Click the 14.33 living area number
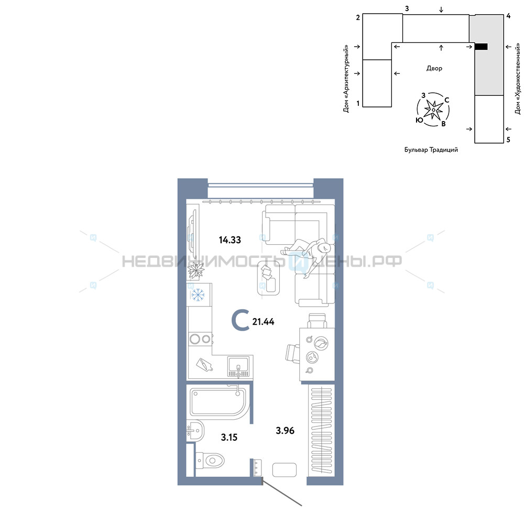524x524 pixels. (230, 239)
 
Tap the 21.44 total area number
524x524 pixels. (264, 322)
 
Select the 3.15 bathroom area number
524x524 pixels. (230, 437)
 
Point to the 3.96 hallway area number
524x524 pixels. (285, 430)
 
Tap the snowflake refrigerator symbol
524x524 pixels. (198, 295)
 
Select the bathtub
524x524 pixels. (220, 402)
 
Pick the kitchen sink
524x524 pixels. (238, 366)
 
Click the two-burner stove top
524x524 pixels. (200, 339)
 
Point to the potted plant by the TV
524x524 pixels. (196, 270)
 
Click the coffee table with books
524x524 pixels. (268, 278)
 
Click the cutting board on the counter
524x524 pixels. (204, 364)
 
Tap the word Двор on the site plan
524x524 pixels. (434, 69)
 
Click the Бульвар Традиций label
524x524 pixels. (431, 150)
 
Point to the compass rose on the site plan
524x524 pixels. (433, 110)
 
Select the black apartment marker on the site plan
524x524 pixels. (481, 47)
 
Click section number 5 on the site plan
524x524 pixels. (508, 140)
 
